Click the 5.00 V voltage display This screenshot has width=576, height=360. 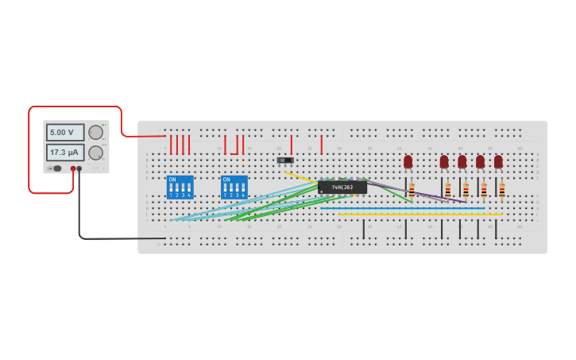coord(64,132)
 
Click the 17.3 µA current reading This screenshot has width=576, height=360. coord(64,152)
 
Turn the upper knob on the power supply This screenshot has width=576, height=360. coord(95,133)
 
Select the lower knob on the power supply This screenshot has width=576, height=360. coord(95,153)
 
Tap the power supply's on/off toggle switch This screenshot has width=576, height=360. coord(56,168)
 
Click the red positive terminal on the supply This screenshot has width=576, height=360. coord(72,168)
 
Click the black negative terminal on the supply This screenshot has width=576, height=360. coord(79,168)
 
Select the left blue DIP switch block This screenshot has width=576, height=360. coord(180,188)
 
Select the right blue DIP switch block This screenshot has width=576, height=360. coord(234,188)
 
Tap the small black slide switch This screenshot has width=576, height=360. coord(284,161)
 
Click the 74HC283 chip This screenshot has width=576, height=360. coord(342,187)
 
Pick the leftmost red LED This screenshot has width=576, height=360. coord(408,161)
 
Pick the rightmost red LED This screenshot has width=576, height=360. coord(498,161)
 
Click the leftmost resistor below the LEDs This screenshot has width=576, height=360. coord(412,189)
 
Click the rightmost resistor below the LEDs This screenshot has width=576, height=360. coord(501,190)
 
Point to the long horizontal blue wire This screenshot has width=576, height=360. coord(405,208)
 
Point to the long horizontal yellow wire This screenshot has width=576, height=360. coord(421,214)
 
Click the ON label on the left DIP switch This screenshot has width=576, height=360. coord(172,180)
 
